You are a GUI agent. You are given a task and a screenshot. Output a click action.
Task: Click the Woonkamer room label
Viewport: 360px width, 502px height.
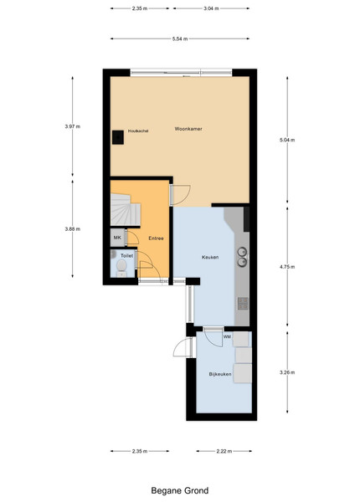tap(188, 129)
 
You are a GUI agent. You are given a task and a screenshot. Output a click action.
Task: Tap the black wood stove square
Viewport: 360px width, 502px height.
tap(118, 137)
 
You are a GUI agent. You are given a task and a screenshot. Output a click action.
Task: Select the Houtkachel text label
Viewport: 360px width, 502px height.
tap(138, 131)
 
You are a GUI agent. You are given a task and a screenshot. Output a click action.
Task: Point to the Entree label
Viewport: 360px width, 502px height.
tap(156, 238)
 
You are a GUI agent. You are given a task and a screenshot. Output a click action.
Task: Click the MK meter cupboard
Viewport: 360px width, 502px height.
tap(117, 238)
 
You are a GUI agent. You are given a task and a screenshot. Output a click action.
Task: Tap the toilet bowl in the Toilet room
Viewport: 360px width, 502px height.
tap(121, 266)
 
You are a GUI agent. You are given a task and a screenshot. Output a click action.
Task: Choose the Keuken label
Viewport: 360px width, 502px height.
tap(210, 258)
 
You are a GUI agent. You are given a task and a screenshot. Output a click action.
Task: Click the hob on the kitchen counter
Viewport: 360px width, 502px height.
tap(243, 304)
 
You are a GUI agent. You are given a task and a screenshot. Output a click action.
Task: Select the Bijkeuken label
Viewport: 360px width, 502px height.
tap(220, 374)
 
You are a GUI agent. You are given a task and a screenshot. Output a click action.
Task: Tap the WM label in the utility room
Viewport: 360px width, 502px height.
tap(227, 337)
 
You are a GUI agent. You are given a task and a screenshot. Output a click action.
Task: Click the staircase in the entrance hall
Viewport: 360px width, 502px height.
tap(126, 209)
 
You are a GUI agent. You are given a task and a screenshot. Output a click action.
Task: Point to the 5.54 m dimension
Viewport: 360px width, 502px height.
tap(180, 38)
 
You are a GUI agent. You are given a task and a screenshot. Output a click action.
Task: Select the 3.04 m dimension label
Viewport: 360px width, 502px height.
tap(211, 8)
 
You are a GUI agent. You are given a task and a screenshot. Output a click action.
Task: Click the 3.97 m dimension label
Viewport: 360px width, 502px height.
tap(73, 126)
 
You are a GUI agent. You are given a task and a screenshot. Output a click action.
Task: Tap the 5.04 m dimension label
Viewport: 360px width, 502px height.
tap(287, 140)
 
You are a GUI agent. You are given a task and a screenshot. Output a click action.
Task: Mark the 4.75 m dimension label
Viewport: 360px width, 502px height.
tap(287, 267)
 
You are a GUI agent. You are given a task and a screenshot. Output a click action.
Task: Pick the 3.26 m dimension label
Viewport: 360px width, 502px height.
tap(287, 372)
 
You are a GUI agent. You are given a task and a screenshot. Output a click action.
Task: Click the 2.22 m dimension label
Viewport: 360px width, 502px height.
tap(224, 452)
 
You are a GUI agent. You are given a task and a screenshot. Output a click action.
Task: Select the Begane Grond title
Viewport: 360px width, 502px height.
tap(180, 491)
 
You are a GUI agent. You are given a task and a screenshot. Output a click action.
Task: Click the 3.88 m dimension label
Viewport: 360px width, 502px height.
tap(73, 229)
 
